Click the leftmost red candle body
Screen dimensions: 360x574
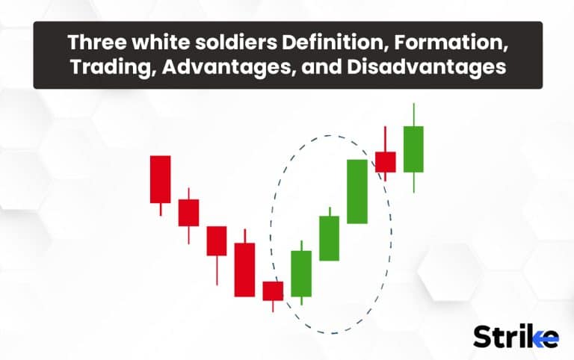161,179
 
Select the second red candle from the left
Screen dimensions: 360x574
188,212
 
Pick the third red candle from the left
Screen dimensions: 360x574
217,240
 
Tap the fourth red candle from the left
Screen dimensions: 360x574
244,269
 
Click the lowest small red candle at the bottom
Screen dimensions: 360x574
273,291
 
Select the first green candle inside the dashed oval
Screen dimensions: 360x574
301,273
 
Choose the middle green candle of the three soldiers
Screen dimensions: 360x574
330,238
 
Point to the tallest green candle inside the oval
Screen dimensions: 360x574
357,191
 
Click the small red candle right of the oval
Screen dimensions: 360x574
386,162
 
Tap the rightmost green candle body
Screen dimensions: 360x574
413,149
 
